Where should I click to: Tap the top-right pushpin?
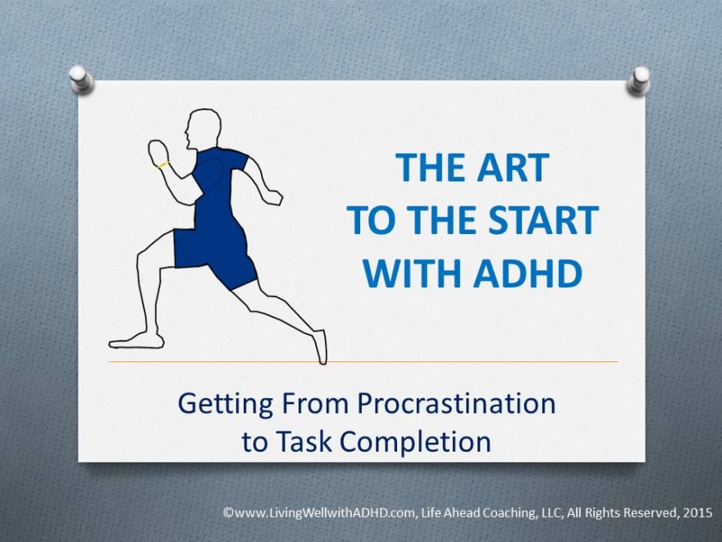(638, 80)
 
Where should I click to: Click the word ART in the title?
(513, 168)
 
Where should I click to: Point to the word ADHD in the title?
(528, 273)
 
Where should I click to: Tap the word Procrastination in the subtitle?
(456, 403)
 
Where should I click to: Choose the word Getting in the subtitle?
(225, 405)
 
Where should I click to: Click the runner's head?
(203, 129)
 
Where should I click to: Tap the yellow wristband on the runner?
(163, 164)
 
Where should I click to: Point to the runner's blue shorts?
(214, 254)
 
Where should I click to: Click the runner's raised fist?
(158, 152)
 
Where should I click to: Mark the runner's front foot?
(136, 341)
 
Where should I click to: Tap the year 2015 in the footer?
(697, 512)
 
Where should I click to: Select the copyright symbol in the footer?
(228, 513)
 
